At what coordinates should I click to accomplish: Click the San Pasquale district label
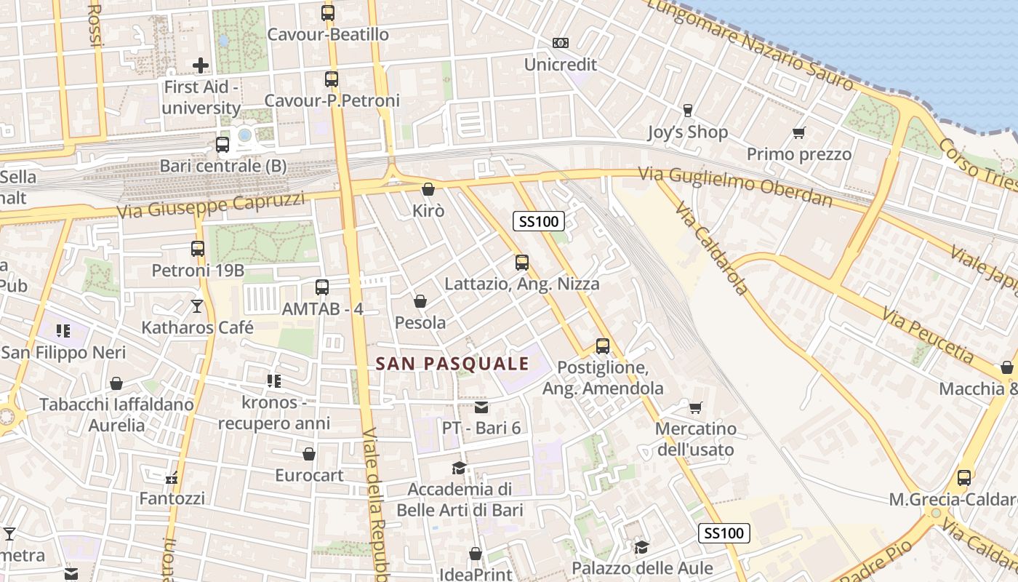click(452, 363)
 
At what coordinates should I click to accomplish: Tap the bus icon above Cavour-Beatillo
click(328, 12)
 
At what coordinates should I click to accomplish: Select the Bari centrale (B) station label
click(223, 166)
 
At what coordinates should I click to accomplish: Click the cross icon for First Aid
click(201, 65)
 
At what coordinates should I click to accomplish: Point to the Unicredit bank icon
click(560, 44)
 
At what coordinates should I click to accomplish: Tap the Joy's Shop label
click(687, 132)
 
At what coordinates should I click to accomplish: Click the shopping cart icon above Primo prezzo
click(799, 133)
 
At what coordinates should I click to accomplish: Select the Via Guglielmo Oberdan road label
click(735, 186)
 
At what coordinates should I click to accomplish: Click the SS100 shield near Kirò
click(539, 221)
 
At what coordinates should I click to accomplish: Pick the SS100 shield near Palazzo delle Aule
click(724, 533)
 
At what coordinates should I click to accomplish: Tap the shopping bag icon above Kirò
click(428, 190)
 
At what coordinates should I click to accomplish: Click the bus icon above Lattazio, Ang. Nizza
click(521, 263)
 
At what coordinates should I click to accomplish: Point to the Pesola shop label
click(420, 322)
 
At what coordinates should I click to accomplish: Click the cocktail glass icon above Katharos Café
click(197, 306)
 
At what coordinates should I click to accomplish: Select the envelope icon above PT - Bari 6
click(481, 407)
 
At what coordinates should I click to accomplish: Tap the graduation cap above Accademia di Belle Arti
click(459, 468)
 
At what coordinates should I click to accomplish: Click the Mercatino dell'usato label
click(695, 439)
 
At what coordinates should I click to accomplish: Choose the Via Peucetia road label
click(928, 335)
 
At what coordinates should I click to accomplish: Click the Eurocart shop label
click(309, 475)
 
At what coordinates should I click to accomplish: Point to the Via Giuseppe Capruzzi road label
click(211, 206)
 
